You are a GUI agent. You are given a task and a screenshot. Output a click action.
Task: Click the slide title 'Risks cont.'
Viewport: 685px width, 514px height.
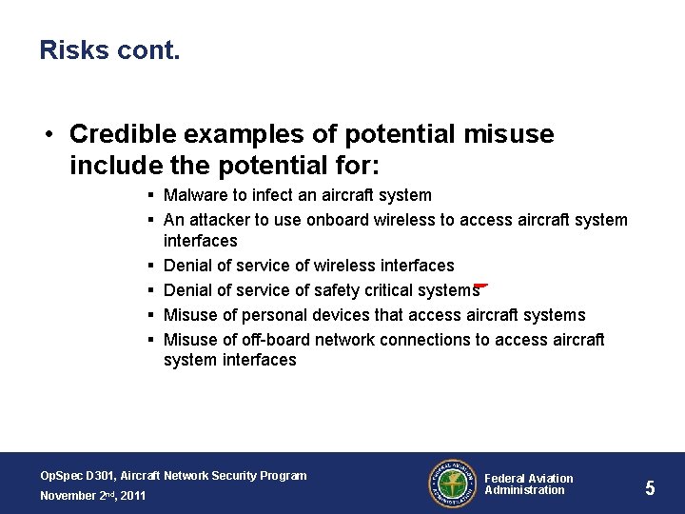pos(109,50)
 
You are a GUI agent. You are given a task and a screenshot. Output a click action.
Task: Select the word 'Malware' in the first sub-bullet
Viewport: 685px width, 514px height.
pos(193,195)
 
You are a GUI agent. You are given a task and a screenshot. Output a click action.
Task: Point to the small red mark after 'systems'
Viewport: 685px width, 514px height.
pos(481,284)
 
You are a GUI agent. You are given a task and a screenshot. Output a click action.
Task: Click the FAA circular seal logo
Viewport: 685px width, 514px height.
pos(452,483)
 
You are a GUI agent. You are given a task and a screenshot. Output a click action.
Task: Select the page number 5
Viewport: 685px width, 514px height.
pos(650,488)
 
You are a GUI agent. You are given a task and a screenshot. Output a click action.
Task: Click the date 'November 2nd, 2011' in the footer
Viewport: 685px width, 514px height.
pos(92,495)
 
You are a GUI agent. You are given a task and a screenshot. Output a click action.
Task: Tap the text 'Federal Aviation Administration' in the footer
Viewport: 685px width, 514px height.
pos(529,484)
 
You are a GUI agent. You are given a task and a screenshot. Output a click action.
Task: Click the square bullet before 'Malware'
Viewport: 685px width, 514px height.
pos(152,196)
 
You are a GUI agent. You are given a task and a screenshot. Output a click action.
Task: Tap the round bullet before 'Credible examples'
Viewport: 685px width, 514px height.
pos(49,135)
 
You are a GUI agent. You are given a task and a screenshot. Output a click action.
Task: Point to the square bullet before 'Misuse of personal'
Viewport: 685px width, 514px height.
pos(152,315)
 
